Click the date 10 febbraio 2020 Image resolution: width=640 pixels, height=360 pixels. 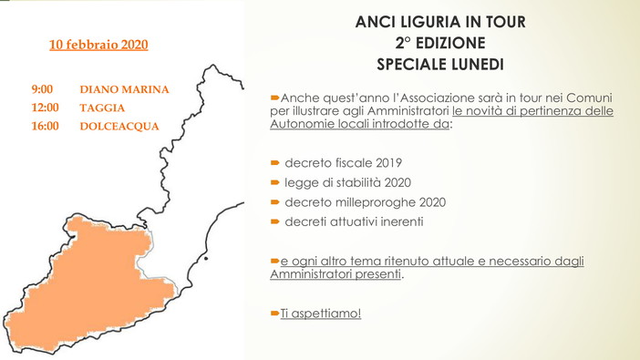[98, 44]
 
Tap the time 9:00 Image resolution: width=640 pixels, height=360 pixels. [42, 90]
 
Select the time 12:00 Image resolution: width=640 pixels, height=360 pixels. [45, 108]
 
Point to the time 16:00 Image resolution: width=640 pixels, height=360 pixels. [45, 125]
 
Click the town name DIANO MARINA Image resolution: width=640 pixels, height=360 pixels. [125, 90]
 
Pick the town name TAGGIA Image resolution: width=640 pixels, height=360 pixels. [102, 108]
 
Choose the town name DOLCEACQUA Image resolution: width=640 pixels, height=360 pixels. [119, 125]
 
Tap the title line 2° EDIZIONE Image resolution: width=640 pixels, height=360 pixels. [439, 43]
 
